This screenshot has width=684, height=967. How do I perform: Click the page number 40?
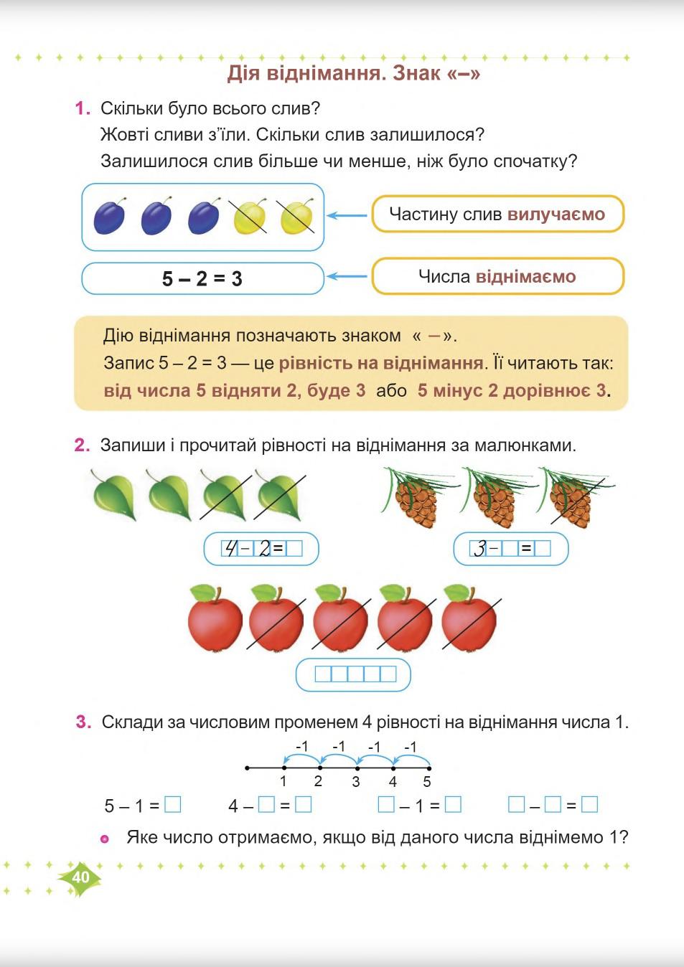click(80, 877)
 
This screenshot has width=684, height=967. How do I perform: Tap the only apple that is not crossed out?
click(215, 619)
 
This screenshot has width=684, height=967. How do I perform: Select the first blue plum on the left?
click(109, 217)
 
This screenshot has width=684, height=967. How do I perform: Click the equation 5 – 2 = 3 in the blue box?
click(202, 278)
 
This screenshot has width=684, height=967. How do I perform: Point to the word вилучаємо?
click(556, 214)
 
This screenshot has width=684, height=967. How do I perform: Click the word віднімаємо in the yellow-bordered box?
click(525, 276)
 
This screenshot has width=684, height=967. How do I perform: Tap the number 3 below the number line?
click(356, 782)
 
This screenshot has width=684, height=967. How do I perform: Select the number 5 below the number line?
click(427, 782)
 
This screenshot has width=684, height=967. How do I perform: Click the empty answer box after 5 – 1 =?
click(172, 805)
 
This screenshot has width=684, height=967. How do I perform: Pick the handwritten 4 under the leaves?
click(230, 549)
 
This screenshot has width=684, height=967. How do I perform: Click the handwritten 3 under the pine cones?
click(479, 549)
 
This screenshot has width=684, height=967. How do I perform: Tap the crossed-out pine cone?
click(572, 499)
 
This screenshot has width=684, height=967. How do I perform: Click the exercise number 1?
click(83, 108)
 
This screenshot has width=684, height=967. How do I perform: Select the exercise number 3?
click(83, 722)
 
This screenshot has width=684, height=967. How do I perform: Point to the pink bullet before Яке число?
click(105, 839)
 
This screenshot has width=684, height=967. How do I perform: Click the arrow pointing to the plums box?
click(347, 215)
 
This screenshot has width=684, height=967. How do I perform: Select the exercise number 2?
click(83, 445)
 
